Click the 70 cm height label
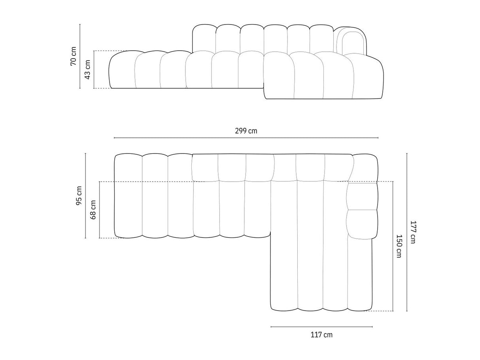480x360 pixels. (73, 56)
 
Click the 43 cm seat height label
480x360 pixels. (87, 70)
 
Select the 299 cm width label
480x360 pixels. (246, 131)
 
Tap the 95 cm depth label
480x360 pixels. (79, 195)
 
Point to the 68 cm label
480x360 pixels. (93, 210)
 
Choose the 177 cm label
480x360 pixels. (413, 232)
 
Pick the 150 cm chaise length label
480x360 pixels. (399, 246)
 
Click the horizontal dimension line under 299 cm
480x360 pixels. (246, 138)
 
